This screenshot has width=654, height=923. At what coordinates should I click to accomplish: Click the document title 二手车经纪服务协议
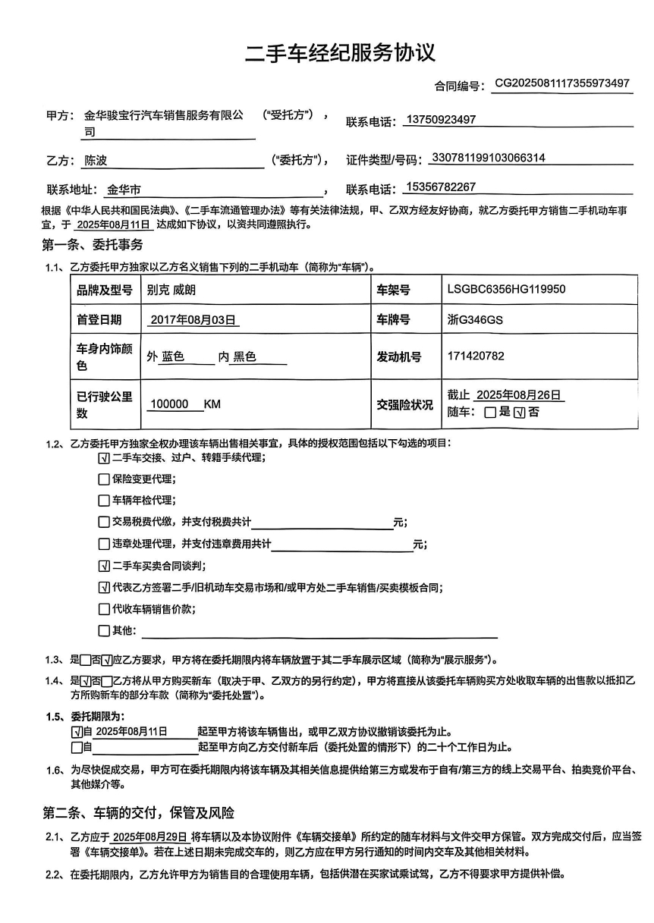[340, 53]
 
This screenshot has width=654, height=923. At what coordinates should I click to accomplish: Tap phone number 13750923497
[441, 120]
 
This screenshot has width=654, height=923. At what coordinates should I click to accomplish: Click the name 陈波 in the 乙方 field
[96, 160]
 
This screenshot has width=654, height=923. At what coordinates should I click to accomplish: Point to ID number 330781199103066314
[487, 159]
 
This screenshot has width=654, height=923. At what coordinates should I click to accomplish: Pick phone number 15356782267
[441, 187]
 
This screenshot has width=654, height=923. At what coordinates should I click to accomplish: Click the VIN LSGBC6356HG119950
[506, 290]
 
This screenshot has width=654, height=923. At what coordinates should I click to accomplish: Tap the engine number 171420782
[476, 356]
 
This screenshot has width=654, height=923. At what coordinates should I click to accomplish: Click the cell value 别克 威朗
[176, 290]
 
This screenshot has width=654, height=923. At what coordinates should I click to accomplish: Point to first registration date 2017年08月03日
[193, 320]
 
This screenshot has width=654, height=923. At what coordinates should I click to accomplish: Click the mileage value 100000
[169, 404]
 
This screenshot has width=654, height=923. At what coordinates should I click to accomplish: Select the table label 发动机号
[399, 356]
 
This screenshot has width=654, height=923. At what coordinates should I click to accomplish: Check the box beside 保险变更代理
[104, 479]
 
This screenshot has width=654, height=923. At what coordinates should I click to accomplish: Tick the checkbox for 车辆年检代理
[104, 501]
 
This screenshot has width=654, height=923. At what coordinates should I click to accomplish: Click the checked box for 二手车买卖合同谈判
[104, 566]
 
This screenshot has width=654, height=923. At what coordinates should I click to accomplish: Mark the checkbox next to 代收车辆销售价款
[104, 609]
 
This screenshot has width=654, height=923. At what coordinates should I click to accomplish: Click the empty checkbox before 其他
[104, 631]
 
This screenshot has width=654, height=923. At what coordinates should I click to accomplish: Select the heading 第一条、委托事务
[92, 245]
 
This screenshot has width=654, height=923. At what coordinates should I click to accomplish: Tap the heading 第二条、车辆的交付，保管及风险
[138, 812]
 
